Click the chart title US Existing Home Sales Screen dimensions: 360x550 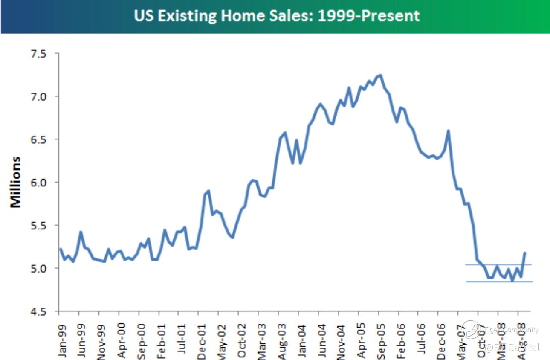pyautogui.click(x=277, y=16)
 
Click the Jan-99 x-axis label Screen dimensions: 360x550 pyautogui.click(x=62, y=340)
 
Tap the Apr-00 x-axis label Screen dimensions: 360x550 pyautogui.click(x=122, y=340)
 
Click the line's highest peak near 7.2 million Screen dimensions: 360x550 pyautogui.click(x=380, y=75)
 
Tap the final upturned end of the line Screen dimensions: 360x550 pyautogui.click(x=525, y=253)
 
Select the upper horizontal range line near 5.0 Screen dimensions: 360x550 pyautogui.click(x=499, y=264)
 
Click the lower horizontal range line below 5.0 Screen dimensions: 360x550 pyautogui.click(x=499, y=282)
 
